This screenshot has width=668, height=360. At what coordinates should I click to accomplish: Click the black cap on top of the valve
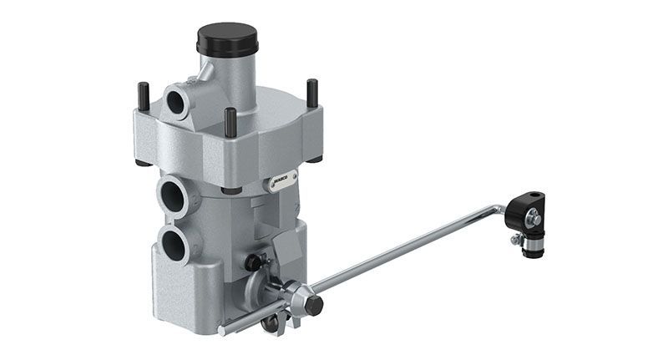coord(226,38)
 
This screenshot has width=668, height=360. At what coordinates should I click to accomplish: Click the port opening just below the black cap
coord(178,101)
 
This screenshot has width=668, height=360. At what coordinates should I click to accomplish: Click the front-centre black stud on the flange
coord(230,122)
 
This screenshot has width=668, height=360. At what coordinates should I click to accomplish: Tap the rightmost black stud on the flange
coord(312,92)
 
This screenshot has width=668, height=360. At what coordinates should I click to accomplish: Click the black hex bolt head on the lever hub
coord(313,306)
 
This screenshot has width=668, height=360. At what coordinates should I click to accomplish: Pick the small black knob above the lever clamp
coord(251,262)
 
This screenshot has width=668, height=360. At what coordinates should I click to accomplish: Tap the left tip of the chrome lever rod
coord(221,332)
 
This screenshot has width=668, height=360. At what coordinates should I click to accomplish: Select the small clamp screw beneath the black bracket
coord(518,241)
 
